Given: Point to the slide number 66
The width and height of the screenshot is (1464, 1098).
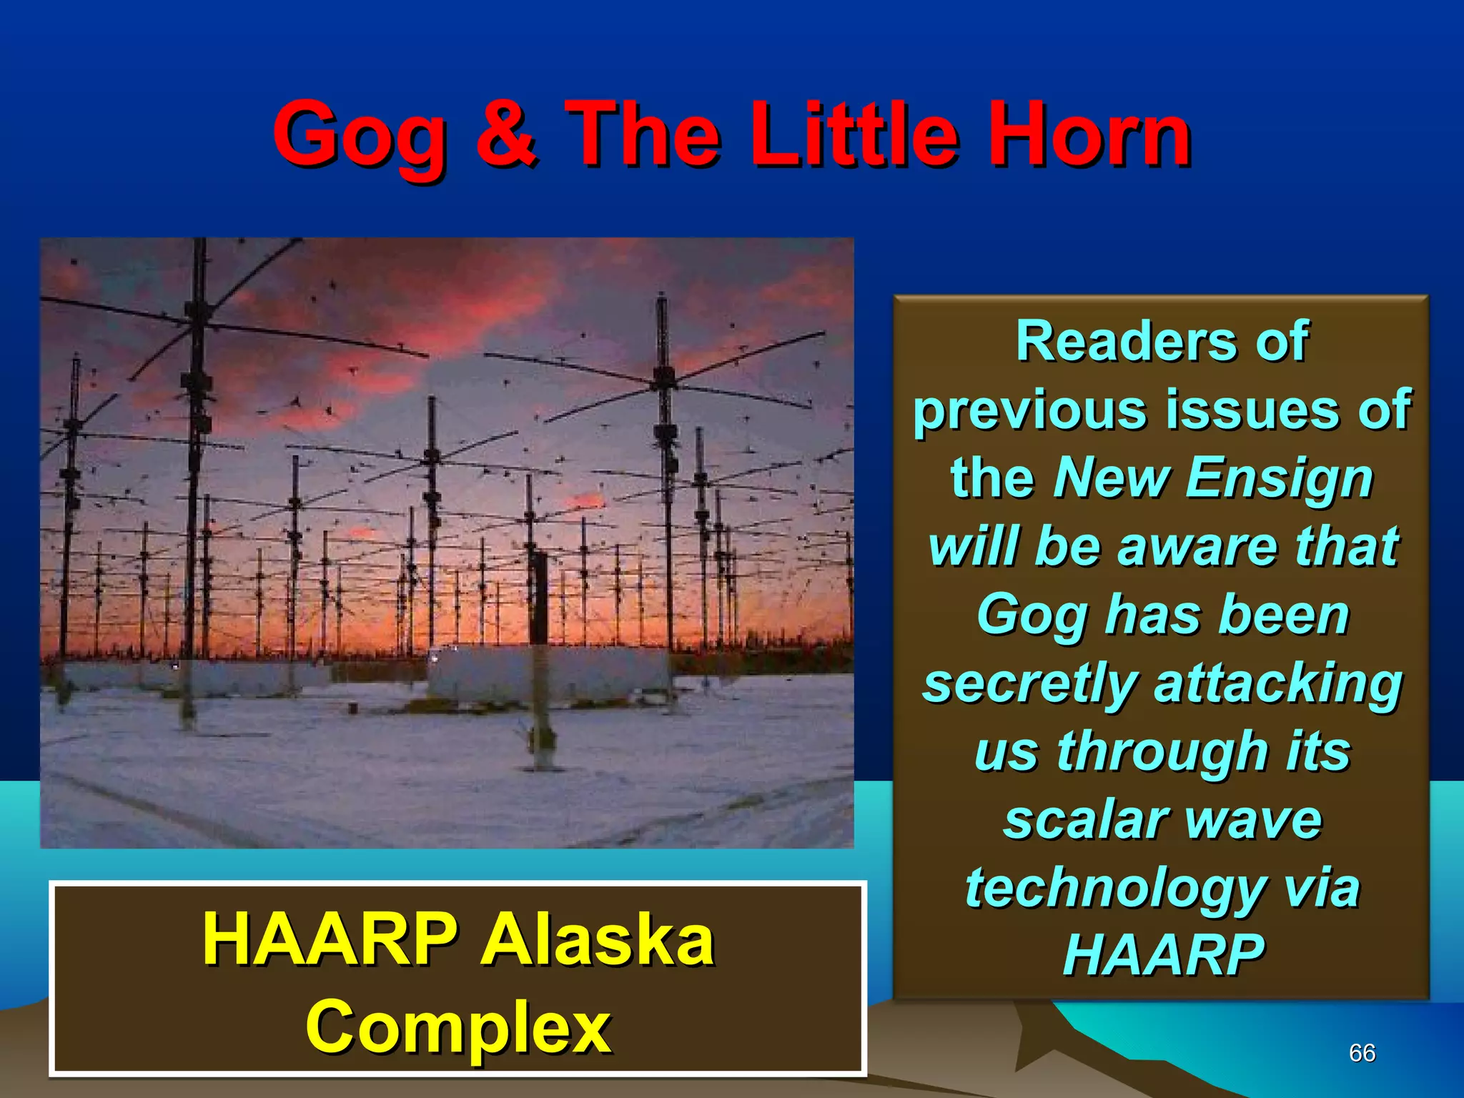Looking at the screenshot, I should (1362, 1052).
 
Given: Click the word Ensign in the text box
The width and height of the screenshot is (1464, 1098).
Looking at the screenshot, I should (1279, 478).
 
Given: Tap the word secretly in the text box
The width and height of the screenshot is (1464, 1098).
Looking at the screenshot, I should (1029, 683).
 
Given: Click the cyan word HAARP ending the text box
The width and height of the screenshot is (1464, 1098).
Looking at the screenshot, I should (1163, 955).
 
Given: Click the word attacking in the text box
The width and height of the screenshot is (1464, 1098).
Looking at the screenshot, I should (1277, 683).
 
